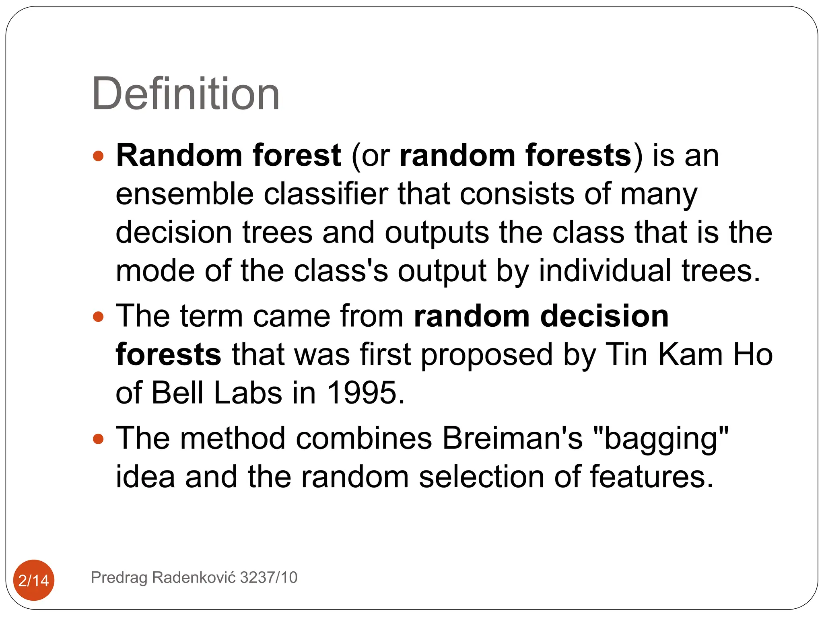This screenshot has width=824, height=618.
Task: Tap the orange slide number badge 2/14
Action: pyautogui.click(x=34, y=580)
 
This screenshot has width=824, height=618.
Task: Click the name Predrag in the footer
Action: pyautogui.click(x=119, y=578)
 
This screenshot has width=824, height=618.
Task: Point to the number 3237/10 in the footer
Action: pyautogui.click(x=268, y=577)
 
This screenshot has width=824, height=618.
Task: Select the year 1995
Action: pyautogui.click(x=365, y=393)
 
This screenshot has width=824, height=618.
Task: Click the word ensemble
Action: pyautogui.click(x=185, y=194)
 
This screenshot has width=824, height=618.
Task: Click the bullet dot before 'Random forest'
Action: pyautogui.click(x=98, y=156)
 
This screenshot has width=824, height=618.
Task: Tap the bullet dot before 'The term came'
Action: pyautogui.click(x=98, y=317)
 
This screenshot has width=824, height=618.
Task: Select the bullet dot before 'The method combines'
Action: pyautogui.click(x=98, y=439)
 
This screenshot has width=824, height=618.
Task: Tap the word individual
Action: pyautogui.click(x=605, y=271)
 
